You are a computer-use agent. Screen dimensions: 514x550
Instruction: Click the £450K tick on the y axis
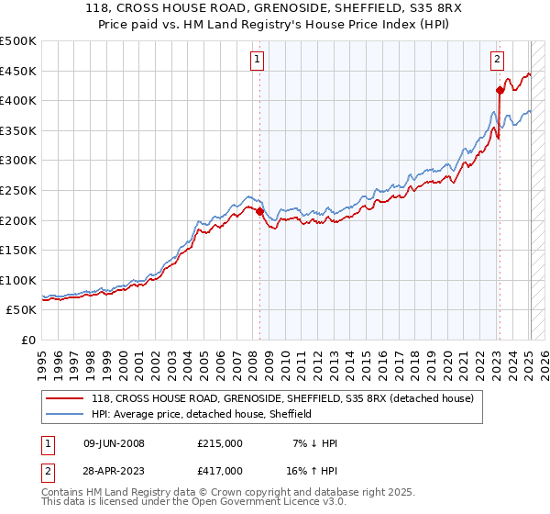click(18, 71)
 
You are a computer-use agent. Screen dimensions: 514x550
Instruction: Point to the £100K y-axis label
click(18, 280)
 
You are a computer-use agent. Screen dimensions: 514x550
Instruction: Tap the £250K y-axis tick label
click(18, 190)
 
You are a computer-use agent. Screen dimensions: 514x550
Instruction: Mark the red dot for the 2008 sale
click(259, 211)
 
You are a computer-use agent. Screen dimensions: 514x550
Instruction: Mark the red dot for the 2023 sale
click(500, 90)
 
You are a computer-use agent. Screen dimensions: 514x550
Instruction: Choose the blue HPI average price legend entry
click(202, 414)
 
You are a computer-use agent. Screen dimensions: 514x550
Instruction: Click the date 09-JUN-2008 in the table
click(114, 443)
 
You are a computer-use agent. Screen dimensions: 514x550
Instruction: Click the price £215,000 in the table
click(220, 443)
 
